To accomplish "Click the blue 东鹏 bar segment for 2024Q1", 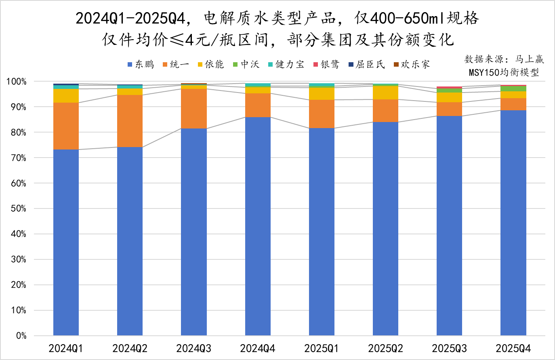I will pos(66,242).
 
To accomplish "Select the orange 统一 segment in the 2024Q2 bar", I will pos(130,121).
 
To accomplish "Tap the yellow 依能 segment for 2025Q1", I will pos(322,94).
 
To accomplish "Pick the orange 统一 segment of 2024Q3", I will pos(194,109).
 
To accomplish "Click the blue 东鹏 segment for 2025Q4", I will pos(513,223).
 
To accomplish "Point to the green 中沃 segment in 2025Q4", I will pos(513,89).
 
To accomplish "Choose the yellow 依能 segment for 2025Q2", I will pos(385,93).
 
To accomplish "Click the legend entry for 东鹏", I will pos(140,65).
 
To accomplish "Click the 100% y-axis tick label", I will pos(16,82).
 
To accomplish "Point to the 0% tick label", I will pos(21,336).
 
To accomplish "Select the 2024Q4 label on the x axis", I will pos(258,348).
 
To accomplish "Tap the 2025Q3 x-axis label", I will pos(449,348).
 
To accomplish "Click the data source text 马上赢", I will pos(530,59).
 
